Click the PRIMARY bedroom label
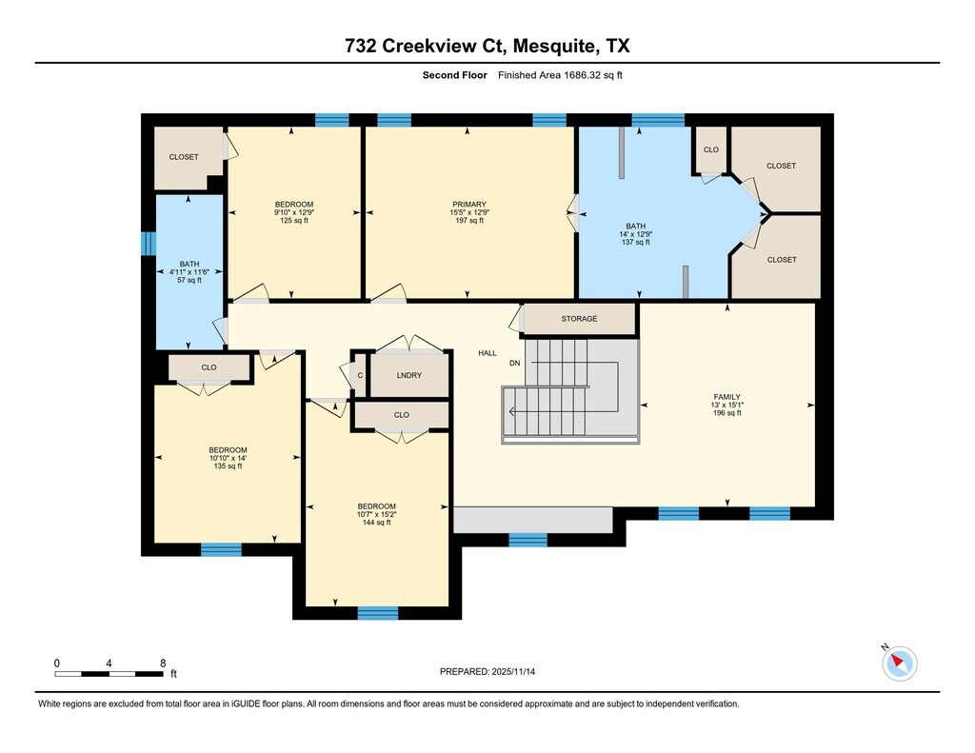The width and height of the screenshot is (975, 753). click(468, 204)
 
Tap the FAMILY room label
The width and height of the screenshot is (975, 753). click(726, 397)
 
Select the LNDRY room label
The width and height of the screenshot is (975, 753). click(409, 375)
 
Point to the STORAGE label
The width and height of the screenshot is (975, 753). click(579, 318)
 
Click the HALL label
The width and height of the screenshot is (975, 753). click(487, 352)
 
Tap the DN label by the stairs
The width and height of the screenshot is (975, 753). click(515, 363)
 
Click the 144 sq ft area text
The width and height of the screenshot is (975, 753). click(377, 523)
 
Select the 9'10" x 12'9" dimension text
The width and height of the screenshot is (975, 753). click(294, 212)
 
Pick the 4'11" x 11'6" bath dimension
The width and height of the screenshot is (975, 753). click(189, 271)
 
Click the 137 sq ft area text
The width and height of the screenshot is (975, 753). click(635, 242)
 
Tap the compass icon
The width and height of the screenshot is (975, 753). click(899, 663)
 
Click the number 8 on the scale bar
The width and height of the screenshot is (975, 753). click(163, 663)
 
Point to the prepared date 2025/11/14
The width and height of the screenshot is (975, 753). click(513, 671)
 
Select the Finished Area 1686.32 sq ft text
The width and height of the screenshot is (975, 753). click(560, 75)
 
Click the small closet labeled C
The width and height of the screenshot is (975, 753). click(360, 375)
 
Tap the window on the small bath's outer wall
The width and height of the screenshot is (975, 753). click(148, 243)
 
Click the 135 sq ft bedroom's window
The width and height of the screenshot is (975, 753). click(221, 549)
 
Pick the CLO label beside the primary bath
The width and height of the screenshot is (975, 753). click(710, 149)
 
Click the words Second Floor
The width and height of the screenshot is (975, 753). click(454, 75)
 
